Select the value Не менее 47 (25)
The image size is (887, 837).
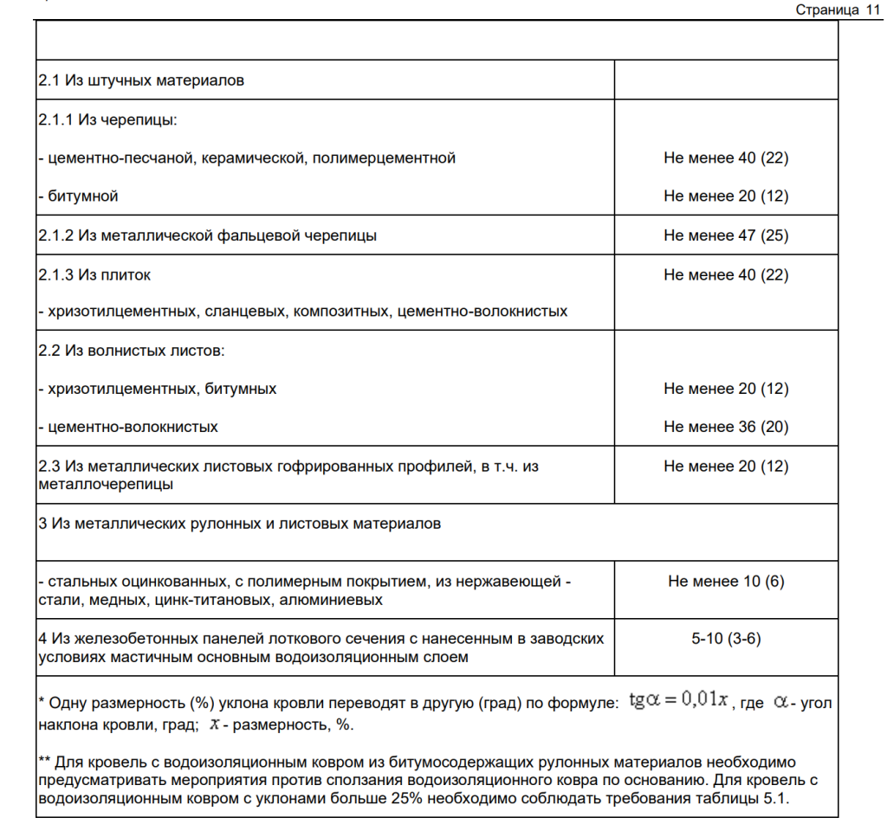click(x=726, y=235)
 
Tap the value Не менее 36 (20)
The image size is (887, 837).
click(x=726, y=427)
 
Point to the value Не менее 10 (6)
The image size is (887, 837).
click(x=726, y=581)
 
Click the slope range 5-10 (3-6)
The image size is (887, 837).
click(x=726, y=639)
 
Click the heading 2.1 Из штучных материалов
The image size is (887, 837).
click(x=141, y=80)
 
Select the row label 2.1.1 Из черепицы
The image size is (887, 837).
click(x=107, y=119)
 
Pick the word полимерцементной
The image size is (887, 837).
click(x=396, y=158)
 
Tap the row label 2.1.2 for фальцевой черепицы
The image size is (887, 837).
click(x=207, y=235)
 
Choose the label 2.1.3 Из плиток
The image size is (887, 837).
click(x=94, y=274)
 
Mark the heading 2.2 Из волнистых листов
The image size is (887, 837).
click(x=131, y=351)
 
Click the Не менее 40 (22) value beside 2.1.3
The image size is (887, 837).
click(x=726, y=274)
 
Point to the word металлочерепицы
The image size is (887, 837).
click(x=106, y=484)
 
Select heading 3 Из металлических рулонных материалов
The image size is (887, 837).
click(x=239, y=523)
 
